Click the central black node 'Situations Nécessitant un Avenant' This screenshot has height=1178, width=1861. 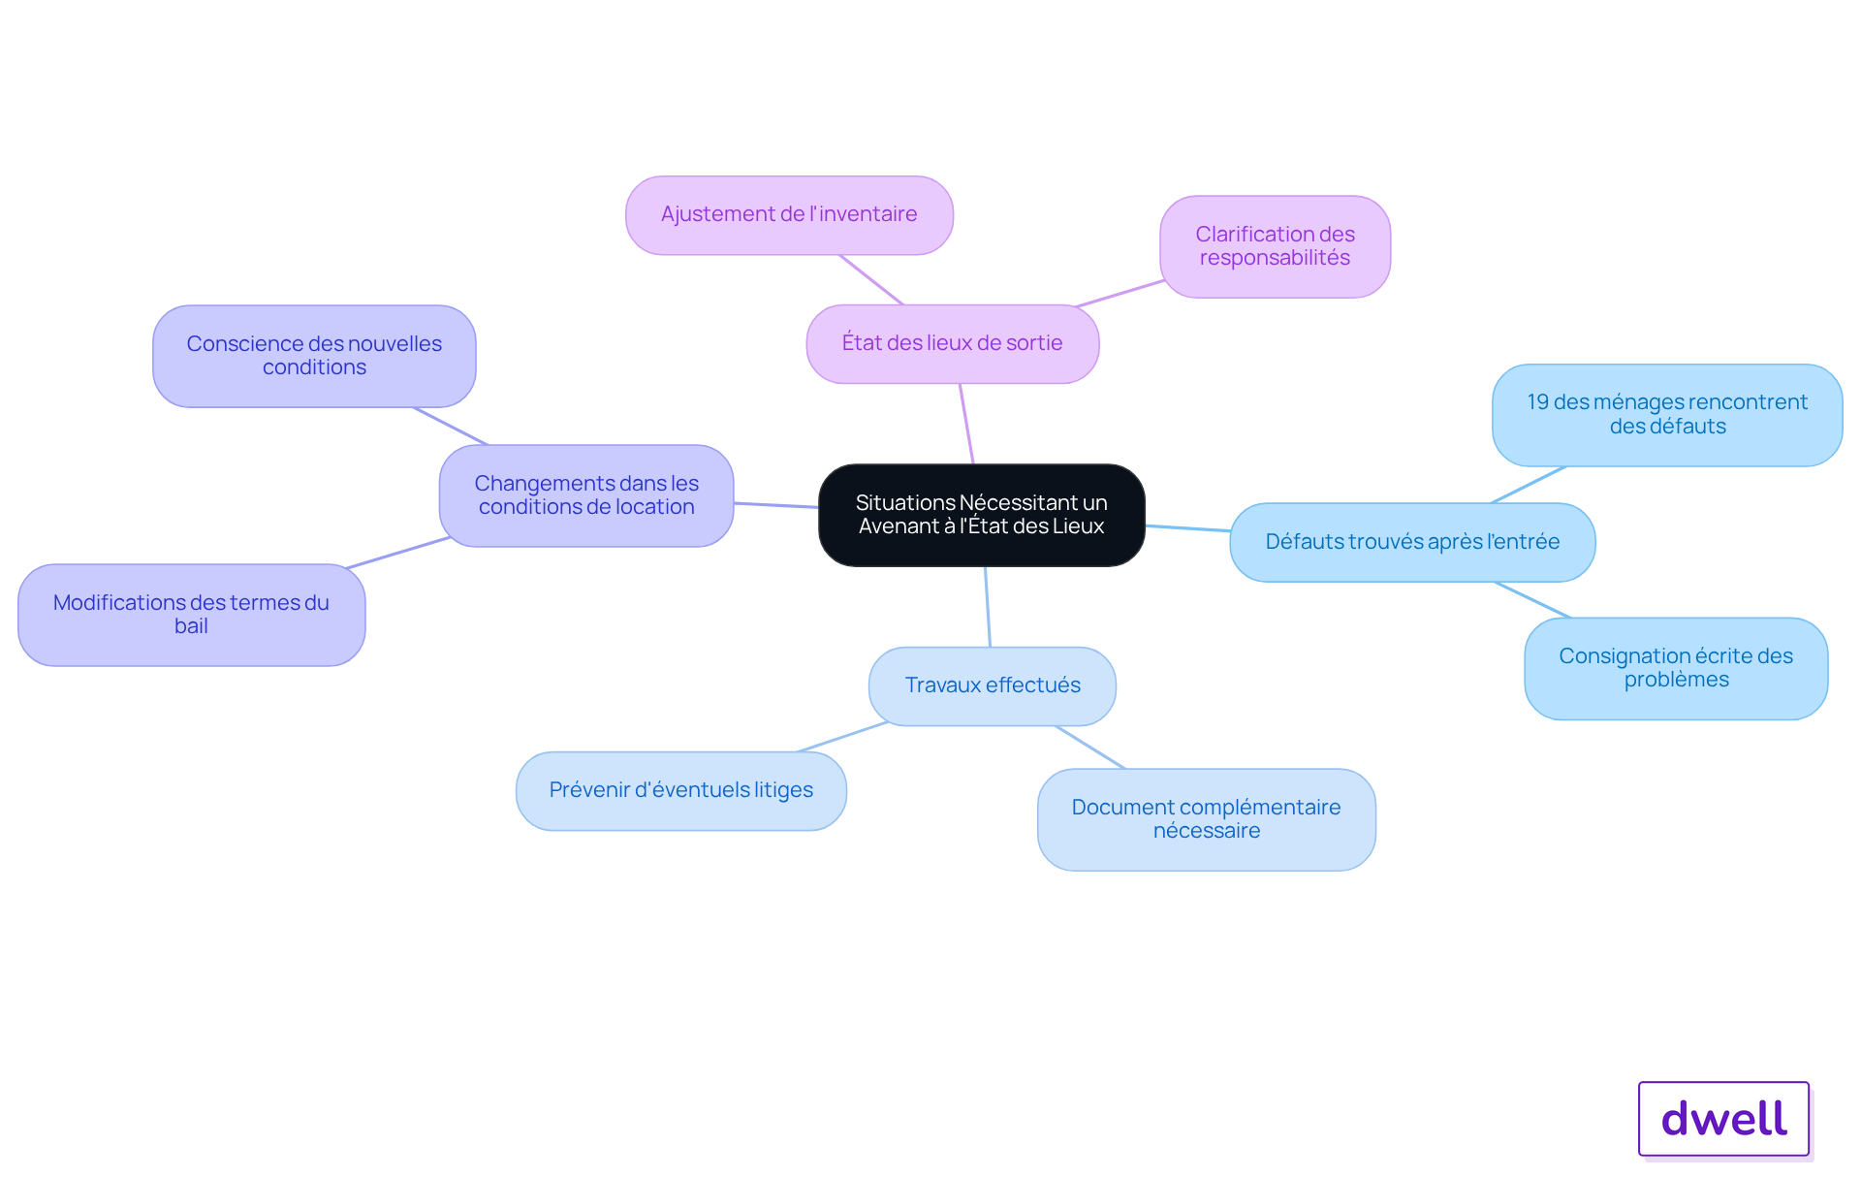click(982, 515)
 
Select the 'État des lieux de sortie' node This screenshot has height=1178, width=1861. click(953, 343)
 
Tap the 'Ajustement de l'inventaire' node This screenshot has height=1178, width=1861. click(789, 214)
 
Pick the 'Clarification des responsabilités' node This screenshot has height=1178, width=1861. click(1276, 246)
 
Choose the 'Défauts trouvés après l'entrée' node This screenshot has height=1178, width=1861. click(1412, 542)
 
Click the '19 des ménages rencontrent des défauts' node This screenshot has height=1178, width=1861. click(1667, 415)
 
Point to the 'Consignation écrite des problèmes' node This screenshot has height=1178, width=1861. click(1676, 668)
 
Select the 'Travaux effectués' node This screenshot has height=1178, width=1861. click(993, 685)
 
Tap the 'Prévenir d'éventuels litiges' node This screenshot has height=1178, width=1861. click(681, 790)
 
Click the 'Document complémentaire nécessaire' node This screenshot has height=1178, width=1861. click(1207, 819)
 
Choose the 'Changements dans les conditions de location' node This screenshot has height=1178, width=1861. click(586, 495)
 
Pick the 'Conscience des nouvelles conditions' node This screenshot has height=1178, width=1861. click(314, 356)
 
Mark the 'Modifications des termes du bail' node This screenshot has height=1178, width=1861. click(191, 615)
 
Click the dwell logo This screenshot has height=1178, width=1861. click(1724, 1119)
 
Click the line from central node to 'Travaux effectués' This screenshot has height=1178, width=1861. click(988, 607)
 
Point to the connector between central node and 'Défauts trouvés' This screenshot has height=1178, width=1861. click(1187, 528)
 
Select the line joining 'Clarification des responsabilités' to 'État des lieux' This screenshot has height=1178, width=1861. click(1120, 293)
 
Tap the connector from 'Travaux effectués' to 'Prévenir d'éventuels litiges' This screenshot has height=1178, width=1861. click(841, 737)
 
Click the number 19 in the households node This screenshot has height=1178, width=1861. click(1537, 402)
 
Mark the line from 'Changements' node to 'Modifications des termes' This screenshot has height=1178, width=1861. click(398, 553)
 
